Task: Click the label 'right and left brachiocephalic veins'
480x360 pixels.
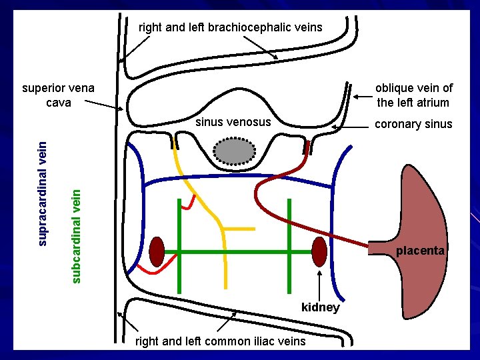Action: (230, 27)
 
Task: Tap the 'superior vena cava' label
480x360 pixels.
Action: (58, 95)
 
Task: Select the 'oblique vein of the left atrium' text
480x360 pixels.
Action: (413, 95)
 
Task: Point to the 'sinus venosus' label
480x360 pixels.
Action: (233, 122)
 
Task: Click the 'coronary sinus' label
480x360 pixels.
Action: (413, 124)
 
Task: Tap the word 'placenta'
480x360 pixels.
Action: (420, 251)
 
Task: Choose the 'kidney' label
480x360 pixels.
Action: (321, 307)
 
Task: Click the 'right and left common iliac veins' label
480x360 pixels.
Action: (221, 341)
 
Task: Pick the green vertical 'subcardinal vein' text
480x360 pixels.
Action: (76, 235)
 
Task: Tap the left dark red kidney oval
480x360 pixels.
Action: (157, 251)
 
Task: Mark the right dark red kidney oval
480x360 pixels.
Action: (319, 251)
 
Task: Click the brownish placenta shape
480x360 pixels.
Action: (427, 220)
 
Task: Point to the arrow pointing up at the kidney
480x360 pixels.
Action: (321, 283)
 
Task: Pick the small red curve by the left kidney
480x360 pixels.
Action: (152, 269)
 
